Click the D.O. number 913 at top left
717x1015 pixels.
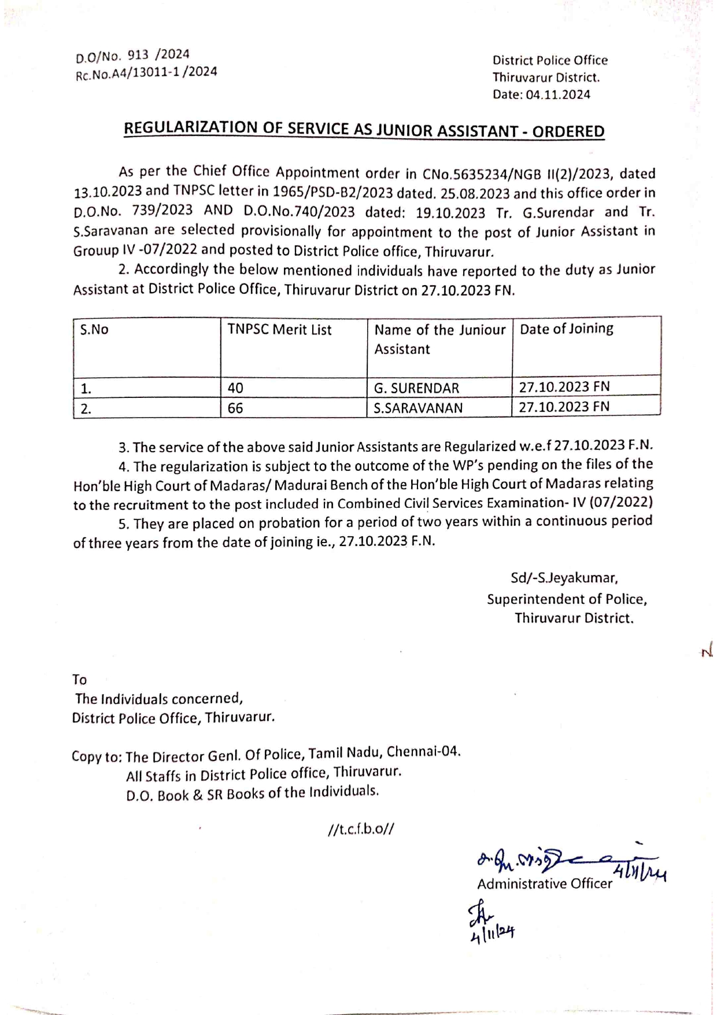coord(138,55)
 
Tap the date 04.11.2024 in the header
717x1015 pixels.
coord(558,95)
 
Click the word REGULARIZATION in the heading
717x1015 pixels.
coord(191,128)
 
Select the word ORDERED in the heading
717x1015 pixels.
coord(568,132)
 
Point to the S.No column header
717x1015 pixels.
coord(94,330)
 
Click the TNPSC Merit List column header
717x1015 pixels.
coord(279,330)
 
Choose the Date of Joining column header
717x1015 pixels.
coord(566,329)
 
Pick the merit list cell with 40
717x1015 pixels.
coord(235,388)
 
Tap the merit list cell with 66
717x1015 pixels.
coord(235,408)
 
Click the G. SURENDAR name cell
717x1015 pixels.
coord(416,388)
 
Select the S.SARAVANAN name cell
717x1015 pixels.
coord(418,408)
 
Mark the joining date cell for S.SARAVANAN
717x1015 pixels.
coord(564,407)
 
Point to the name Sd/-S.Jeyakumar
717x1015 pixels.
coord(564,578)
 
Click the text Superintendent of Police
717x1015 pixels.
coord(567,599)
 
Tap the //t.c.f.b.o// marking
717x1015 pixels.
coord(360,829)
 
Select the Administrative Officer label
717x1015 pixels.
coord(544,884)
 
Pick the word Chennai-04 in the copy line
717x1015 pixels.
coord(423,752)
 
